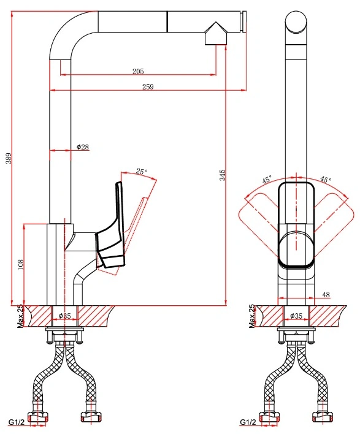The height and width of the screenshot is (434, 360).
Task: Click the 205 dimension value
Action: click(x=138, y=71)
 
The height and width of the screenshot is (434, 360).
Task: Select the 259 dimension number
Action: click(x=148, y=86)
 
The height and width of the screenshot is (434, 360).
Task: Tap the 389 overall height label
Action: click(x=9, y=158)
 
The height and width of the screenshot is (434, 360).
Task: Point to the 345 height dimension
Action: click(x=223, y=175)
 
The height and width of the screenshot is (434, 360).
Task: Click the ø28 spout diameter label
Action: click(x=83, y=147)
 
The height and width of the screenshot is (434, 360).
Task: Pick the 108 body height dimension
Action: click(x=21, y=265)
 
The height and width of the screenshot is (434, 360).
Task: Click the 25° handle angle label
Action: click(x=142, y=172)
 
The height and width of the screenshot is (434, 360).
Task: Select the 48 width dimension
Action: click(x=326, y=294)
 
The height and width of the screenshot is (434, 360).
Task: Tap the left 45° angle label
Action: click(x=267, y=180)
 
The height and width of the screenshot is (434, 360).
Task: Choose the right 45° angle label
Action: click(x=326, y=180)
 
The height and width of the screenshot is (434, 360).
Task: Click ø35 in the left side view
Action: click(x=65, y=316)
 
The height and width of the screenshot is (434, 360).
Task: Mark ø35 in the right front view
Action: click(x=296, y=316)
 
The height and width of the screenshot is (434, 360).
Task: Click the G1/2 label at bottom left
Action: click(x=17, y=422)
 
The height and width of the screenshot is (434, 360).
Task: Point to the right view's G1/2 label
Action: click(x=248, y=422)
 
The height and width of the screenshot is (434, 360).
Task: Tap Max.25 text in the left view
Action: click(x=20, y=316)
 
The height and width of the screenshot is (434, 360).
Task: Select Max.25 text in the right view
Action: click(x=251, y=316)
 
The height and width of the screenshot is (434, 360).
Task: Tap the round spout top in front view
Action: click(x=296, y=22)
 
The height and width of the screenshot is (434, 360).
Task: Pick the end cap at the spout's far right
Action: click(x=245, y=21)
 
